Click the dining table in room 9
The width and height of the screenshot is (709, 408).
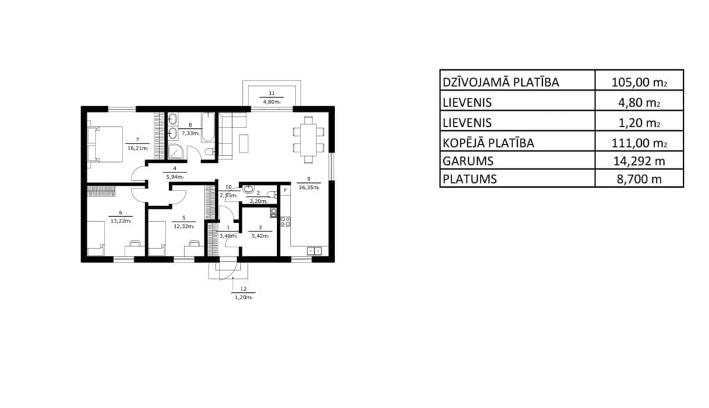coord(308,140)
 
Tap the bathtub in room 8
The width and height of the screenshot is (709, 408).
coord(208,127)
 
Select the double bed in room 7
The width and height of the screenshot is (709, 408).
coord(105,144)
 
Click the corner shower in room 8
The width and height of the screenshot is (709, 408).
coord(177,152)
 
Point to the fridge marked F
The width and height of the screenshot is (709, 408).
coord(285,190)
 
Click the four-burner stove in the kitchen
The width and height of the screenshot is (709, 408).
coord(285,222)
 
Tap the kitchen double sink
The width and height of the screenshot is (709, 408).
coord(314,251)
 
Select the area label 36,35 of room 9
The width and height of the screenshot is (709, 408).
coord(309,187)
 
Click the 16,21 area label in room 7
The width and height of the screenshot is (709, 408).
coord(138,148)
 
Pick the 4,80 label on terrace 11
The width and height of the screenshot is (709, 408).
coord(271,102)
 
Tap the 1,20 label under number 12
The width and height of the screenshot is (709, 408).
coord(243,297)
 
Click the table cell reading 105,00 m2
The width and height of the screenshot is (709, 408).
coord(639,82)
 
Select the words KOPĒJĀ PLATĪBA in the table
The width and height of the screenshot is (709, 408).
coord(488,143)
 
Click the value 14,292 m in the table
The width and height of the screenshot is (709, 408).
coord(639,161)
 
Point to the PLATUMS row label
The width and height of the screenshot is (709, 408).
coord(470,179)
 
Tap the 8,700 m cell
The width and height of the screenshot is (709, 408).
coord(639,179)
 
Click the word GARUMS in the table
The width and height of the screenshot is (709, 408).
coord(468,161)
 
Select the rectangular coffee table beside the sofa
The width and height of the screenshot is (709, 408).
coord(244,143)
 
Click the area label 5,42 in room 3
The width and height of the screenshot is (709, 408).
coord(260,236)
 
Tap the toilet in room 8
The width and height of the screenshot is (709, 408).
coord(209,152)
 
